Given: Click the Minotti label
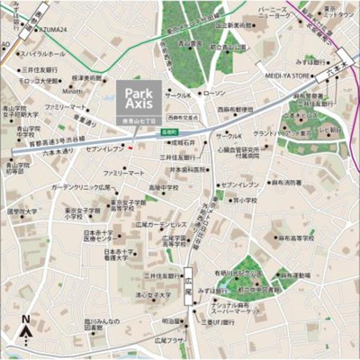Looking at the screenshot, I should click(74, 91).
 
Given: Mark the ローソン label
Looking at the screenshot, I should click(213, 94).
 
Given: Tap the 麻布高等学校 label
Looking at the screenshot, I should click(297, 239).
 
